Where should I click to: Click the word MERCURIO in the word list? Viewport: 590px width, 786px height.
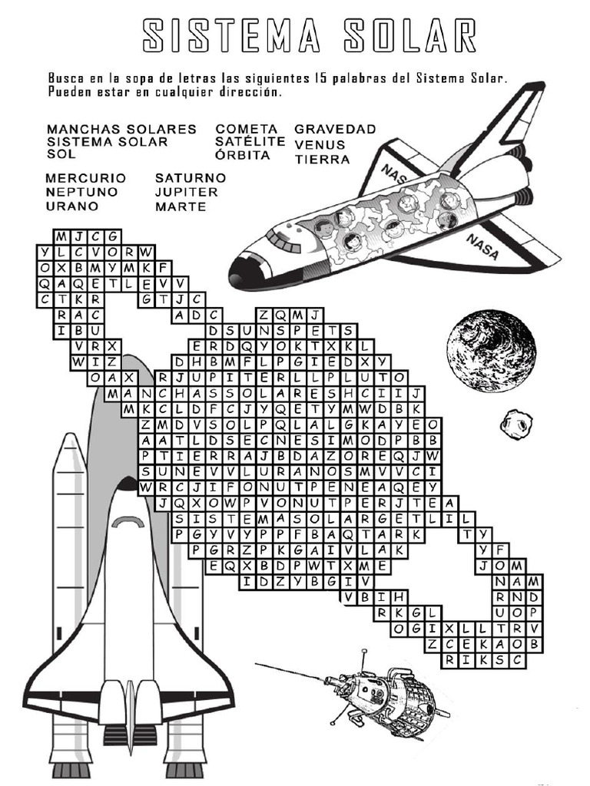click(x=86, y=178)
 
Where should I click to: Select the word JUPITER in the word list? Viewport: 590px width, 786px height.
click(x=187, y=192)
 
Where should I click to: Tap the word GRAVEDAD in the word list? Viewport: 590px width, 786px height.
click(x=335, y=129)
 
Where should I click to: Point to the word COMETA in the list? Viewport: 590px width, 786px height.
click(x=247, y=129)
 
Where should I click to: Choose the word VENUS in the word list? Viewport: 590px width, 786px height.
click(x=320, y=145)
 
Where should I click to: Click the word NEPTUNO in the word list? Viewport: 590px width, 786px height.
click(x=81, y=192)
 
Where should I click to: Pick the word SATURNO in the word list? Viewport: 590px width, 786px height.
click(x=191, y=178)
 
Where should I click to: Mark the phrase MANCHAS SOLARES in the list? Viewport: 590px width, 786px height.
click(x=122, y=129)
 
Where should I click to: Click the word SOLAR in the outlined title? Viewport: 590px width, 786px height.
click(x=410, y=35)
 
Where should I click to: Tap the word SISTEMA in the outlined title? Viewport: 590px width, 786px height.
click(x=231, y=35)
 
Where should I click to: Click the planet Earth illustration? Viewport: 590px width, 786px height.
click(x=491, y=350)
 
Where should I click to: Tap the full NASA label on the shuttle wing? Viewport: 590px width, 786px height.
click(x=482, y=246)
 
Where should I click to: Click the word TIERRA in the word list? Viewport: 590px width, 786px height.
click(x=322, y=160)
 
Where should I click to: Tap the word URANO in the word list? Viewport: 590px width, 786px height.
click(x=72, y=206)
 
